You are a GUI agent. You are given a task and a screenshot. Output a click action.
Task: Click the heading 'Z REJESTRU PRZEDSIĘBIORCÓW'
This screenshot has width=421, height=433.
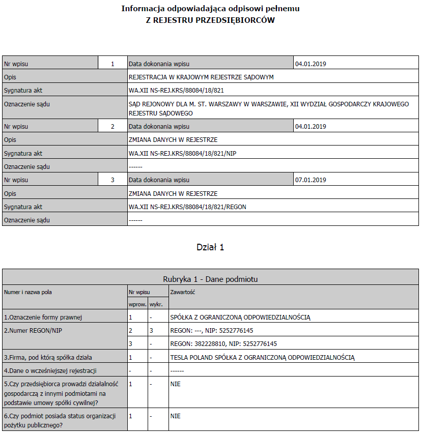(x=210, y=20)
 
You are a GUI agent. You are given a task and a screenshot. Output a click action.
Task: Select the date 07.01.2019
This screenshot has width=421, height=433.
(x=311, y=180)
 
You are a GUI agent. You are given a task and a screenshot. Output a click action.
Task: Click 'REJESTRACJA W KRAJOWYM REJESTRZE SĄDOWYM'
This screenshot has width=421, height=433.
(x=201, y=77)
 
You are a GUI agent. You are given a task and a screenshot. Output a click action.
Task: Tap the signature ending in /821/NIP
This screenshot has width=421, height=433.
(x=183, y=153)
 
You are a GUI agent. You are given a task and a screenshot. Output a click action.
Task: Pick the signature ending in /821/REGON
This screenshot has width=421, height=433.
(x=187, y=207)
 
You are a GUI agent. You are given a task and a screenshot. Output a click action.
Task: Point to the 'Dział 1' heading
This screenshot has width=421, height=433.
(x=210, y=247)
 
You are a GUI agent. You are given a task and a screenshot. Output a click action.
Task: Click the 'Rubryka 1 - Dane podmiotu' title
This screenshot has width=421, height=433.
(x=210, y=279)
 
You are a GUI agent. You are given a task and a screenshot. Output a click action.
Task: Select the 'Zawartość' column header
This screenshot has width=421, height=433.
(x=182, y=293)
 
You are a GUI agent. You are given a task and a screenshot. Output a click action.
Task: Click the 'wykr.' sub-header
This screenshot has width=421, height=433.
(x=155, y=304)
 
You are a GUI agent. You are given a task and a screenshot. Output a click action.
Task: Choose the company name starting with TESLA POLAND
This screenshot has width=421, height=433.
(x=262, y=357)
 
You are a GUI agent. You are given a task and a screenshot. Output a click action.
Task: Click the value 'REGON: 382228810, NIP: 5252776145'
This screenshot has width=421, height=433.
(x=224, y=344)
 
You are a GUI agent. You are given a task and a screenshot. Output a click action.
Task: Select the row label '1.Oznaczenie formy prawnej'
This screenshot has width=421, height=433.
(x=43, y=317)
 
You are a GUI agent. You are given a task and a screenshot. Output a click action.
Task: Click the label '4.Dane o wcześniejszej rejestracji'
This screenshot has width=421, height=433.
(x=50, y=370)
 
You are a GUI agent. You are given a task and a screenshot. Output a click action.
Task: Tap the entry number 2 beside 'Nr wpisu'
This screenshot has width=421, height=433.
(x=113, y=126)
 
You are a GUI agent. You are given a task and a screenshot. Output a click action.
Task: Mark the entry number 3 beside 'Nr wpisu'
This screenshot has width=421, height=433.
(x=113, y=180)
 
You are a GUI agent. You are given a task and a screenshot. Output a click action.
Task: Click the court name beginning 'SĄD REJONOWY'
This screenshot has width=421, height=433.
(x=268, y=108)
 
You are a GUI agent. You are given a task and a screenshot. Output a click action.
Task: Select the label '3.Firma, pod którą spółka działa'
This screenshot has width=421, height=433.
(x=48, y=357)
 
